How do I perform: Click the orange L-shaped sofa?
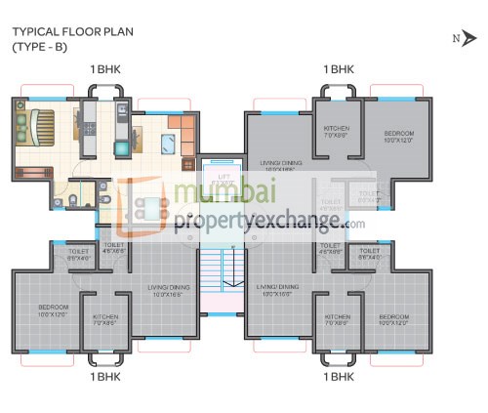184,132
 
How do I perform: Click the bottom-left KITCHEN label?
105,319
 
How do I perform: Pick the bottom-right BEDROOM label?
393,319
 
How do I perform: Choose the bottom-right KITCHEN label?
338,319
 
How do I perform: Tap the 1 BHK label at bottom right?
338,375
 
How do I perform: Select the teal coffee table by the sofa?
166,146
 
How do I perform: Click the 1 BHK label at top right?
338,69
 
